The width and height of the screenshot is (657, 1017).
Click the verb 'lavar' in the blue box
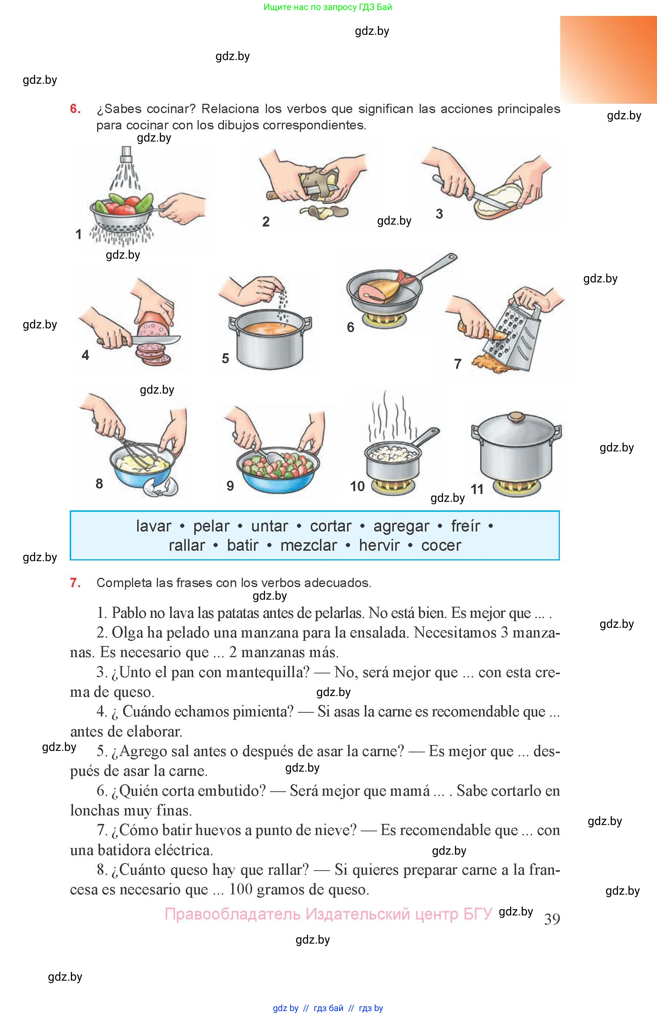coord(153,526)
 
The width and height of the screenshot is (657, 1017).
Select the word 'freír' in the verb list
coord(465,526)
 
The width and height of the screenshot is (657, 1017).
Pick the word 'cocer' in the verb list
coord(441,546)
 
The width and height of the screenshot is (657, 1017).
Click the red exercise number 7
coord(75,583)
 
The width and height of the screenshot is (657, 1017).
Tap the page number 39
coord(552,919)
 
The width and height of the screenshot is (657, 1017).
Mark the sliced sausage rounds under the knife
coord(153,354)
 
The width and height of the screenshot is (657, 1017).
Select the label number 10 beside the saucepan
coord(357,486)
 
